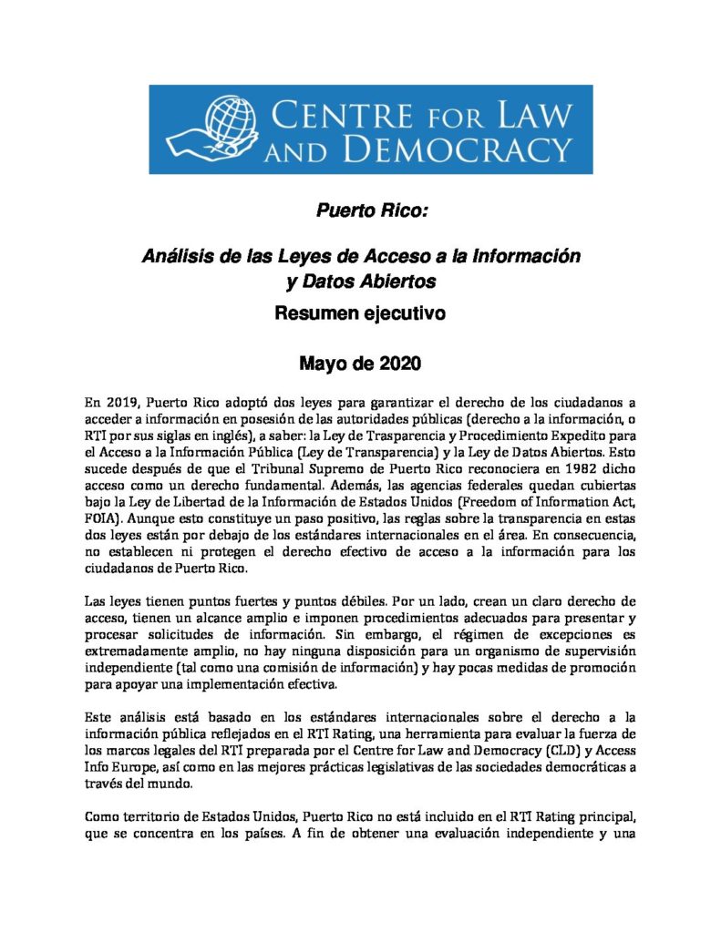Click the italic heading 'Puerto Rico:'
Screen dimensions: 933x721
(359, 212)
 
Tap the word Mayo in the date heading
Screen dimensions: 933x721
(324, 364)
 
